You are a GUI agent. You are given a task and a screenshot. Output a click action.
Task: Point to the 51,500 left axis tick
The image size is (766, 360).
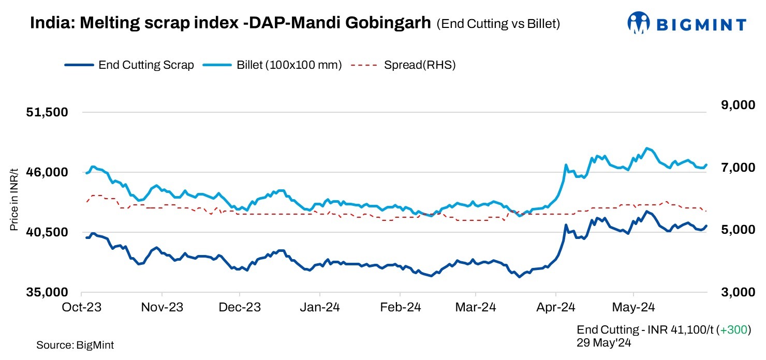[x=47, y=112]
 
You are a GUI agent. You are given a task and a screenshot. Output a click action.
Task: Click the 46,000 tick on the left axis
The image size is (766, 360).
[x=47, y=172]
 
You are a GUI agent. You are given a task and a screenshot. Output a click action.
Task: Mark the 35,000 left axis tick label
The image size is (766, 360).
[x=47, y=292]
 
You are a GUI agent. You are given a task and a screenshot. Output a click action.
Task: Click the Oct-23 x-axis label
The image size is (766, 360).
[x=83, y=307]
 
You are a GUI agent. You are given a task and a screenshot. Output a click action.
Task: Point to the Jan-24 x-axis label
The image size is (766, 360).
[x=320, y=307]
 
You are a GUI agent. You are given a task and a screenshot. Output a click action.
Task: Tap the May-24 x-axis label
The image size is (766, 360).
[x=635, y=307]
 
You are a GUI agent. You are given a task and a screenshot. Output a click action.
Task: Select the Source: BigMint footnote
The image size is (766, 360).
[x=75, y=345]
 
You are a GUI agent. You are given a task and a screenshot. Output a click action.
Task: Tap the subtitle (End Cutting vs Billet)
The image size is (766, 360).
[x=498, y=24]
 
